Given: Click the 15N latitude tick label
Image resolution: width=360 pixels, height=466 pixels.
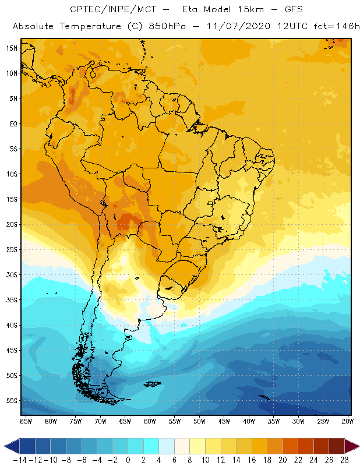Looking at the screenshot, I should pyautogui.click(x=12, y=48).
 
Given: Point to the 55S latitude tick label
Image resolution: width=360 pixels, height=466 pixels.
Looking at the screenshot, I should pyautogui.click(x=12, y=401).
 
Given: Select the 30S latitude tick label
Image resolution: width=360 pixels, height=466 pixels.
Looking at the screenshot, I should pyautogui.click(x=12, y=274).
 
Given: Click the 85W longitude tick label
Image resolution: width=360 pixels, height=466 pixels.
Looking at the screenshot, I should pyautogui.click(x=26, y=421).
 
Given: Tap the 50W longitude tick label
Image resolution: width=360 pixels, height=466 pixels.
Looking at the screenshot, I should pyautogui.click(x=199, y=421).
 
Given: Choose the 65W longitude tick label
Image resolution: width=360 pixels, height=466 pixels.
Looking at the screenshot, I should pyautogui.click(x=125, y=421).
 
